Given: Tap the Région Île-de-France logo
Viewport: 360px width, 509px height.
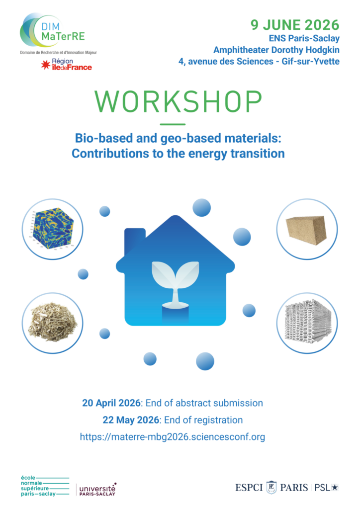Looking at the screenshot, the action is coord(66,64).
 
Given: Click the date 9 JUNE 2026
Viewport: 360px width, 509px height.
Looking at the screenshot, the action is coord(295,25).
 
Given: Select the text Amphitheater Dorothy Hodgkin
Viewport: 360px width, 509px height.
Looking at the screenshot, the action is coord(276,50).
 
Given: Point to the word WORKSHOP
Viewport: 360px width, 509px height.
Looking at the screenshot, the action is coord(178,101).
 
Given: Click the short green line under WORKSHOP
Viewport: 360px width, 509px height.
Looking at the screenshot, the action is coord(173,124).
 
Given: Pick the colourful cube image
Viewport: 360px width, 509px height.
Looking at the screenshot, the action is coord(52,229).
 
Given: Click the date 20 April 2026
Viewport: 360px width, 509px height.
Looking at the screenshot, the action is coord(111,403).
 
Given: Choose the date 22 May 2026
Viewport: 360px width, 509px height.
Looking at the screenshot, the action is coord(131,420).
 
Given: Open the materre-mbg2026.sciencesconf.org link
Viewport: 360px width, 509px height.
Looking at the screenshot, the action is coord(173,437).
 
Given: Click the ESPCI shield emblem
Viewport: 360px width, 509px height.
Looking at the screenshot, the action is coord(271,487).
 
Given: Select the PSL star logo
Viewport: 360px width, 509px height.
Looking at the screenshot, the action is coord(326,488).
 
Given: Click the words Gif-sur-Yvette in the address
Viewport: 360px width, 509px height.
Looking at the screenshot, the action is coord(311,61).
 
